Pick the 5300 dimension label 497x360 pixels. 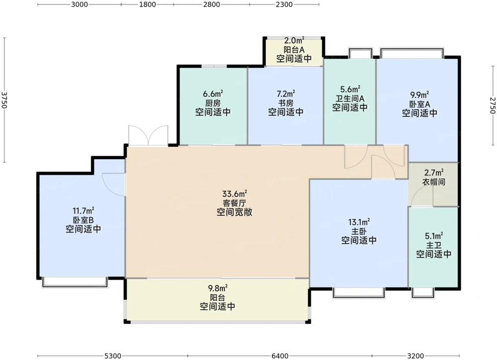pos(113,356)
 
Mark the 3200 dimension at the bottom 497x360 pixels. pos(415,356)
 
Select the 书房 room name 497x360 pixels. pos(286,103)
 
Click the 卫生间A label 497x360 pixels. pos(350,98)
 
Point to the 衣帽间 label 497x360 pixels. pos(434,182)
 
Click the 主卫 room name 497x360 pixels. pos(433,245)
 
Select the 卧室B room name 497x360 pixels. pos(83,220)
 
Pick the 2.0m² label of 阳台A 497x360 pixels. pos(294,41)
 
